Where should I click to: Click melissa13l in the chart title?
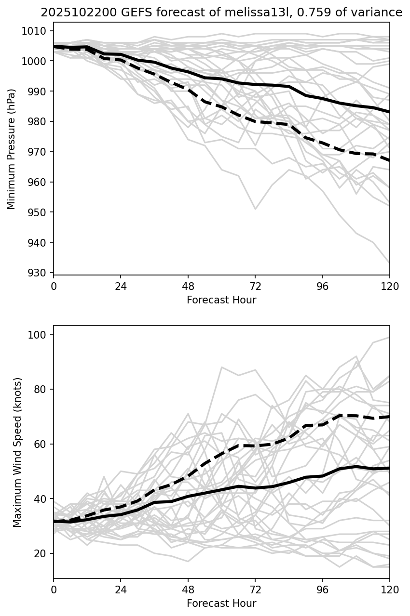(x=219, y=13)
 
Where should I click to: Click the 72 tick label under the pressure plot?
(x=255, y=287)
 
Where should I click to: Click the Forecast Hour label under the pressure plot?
(x=221, y=300)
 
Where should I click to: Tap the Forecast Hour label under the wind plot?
(x=221, y=603)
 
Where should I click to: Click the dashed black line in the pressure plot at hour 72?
(x=255, y=121)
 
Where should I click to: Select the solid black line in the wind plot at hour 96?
(x=322, y=476)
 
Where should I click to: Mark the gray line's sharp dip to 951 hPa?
(x=255, y=209)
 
